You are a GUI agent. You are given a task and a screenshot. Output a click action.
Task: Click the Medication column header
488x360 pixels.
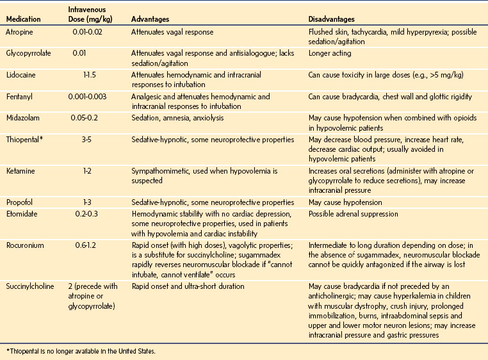click(24, 19)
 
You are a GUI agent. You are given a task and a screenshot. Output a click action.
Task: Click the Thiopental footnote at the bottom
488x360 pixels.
click(78, 351)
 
